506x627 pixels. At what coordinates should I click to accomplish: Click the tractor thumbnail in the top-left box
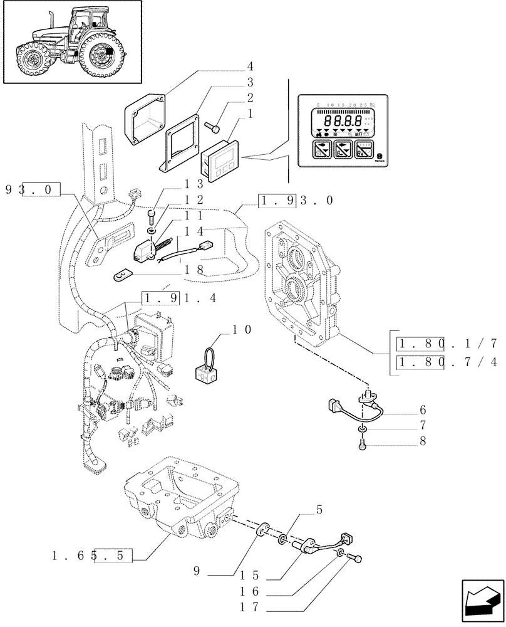pyautogui.click(x=71, y=42)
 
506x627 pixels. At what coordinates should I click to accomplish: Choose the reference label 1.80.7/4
pyautogui.click(x=448, y=363)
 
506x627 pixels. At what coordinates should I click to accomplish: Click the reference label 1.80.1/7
pyautogui.click(x=448, y=343)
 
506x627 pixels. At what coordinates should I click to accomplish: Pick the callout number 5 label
pyautogui.click(x=319, y=510)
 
